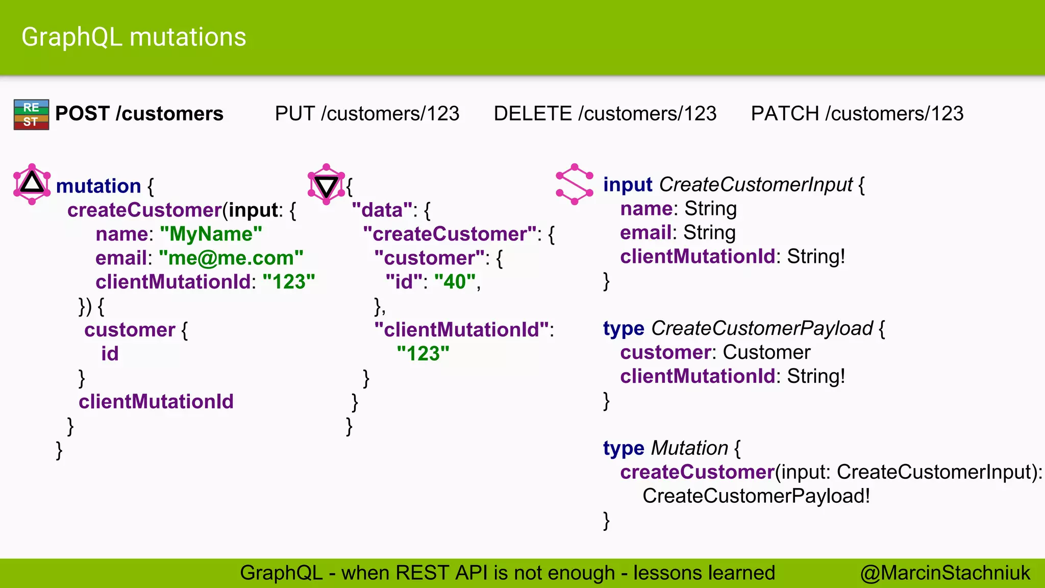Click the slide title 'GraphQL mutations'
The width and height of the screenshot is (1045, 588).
pyautogui.click(x=134, y=37)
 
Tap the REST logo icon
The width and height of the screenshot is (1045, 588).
pyautogui.click(x=31, y=114)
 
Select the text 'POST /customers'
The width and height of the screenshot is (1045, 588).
pyautogui.click(x=139, y=113)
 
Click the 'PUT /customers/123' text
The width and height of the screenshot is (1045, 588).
pyautogui.click(x=367, y=113)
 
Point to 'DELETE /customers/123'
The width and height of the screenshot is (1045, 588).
pyautogui.click(x=605, y=113)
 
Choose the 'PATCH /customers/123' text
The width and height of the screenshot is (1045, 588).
pyautogui.click(x=857, y=113)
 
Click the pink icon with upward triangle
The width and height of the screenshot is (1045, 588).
pyautogui.click(x=32, y=184)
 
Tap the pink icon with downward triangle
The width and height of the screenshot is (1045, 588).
pyautogui.click(x=327, y=184)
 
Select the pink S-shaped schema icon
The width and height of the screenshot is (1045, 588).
pyautogui.click(x=575, y=184)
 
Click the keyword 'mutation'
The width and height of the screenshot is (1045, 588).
pyautogui.click(x=98, y=186)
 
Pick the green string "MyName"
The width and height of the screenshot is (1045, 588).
pyautogui.click(x=211, y=234)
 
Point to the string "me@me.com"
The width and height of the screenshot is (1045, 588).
pyautogui.click(x=231, y=258)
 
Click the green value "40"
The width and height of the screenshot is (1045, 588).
pyautogui.click(x=455, y=282)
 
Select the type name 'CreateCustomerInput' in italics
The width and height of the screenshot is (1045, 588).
pyautogui.click(x=756, y=184)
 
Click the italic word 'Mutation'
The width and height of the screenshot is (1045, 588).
pyautogui.click(x=689, y=448)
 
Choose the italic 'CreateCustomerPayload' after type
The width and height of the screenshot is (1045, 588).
pyautogui.click(x=762, y=328)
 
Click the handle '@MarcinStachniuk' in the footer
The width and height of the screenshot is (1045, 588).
pyautogui.click(x=945, y=573)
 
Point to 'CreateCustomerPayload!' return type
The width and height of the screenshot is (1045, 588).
pyautogui.click(x=756, y=496)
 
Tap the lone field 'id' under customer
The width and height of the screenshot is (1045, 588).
pyautogui.click(x=110, y=354)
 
